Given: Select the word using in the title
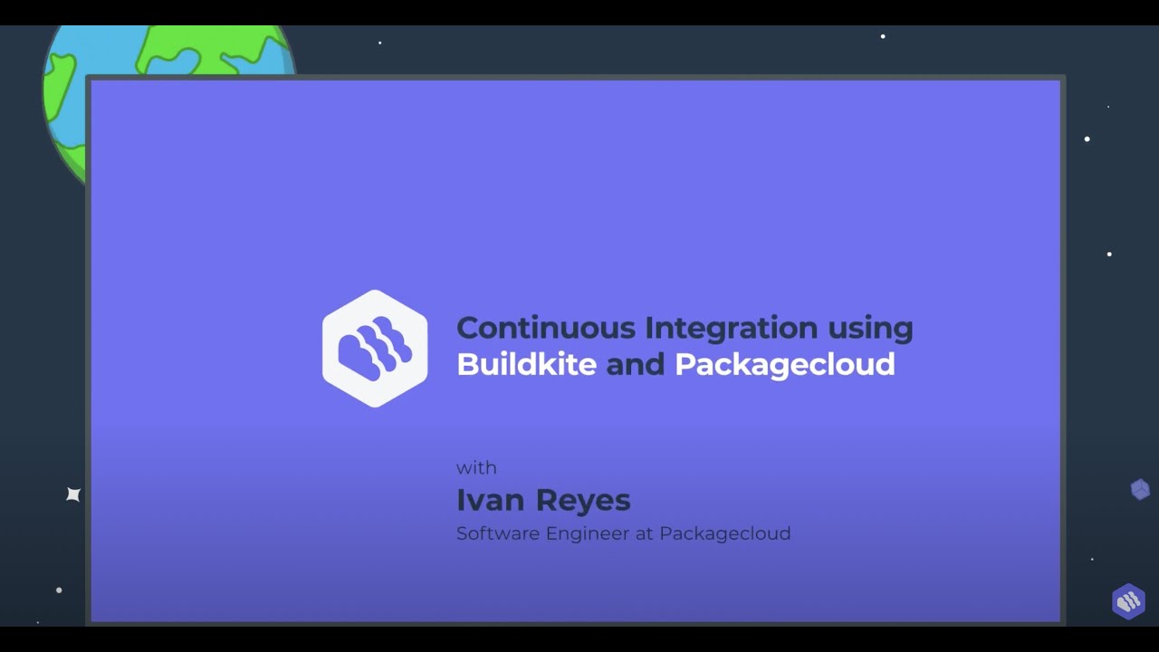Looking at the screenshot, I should [867, 329].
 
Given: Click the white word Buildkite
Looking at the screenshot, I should [526, 364].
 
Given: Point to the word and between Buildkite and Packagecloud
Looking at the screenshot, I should [636, 364].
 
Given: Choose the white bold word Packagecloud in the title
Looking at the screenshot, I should [785, 365].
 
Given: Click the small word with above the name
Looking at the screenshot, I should [476, 468].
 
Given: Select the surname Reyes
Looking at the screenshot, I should [583, 501].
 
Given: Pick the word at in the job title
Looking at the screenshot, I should [644, 533].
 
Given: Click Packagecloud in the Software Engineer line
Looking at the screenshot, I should [724, 534].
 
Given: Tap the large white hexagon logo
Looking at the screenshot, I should [375, 349].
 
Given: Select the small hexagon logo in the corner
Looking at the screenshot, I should [1128, 601].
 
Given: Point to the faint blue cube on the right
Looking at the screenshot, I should [1140, 490].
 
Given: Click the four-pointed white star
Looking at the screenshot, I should [73, 494].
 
